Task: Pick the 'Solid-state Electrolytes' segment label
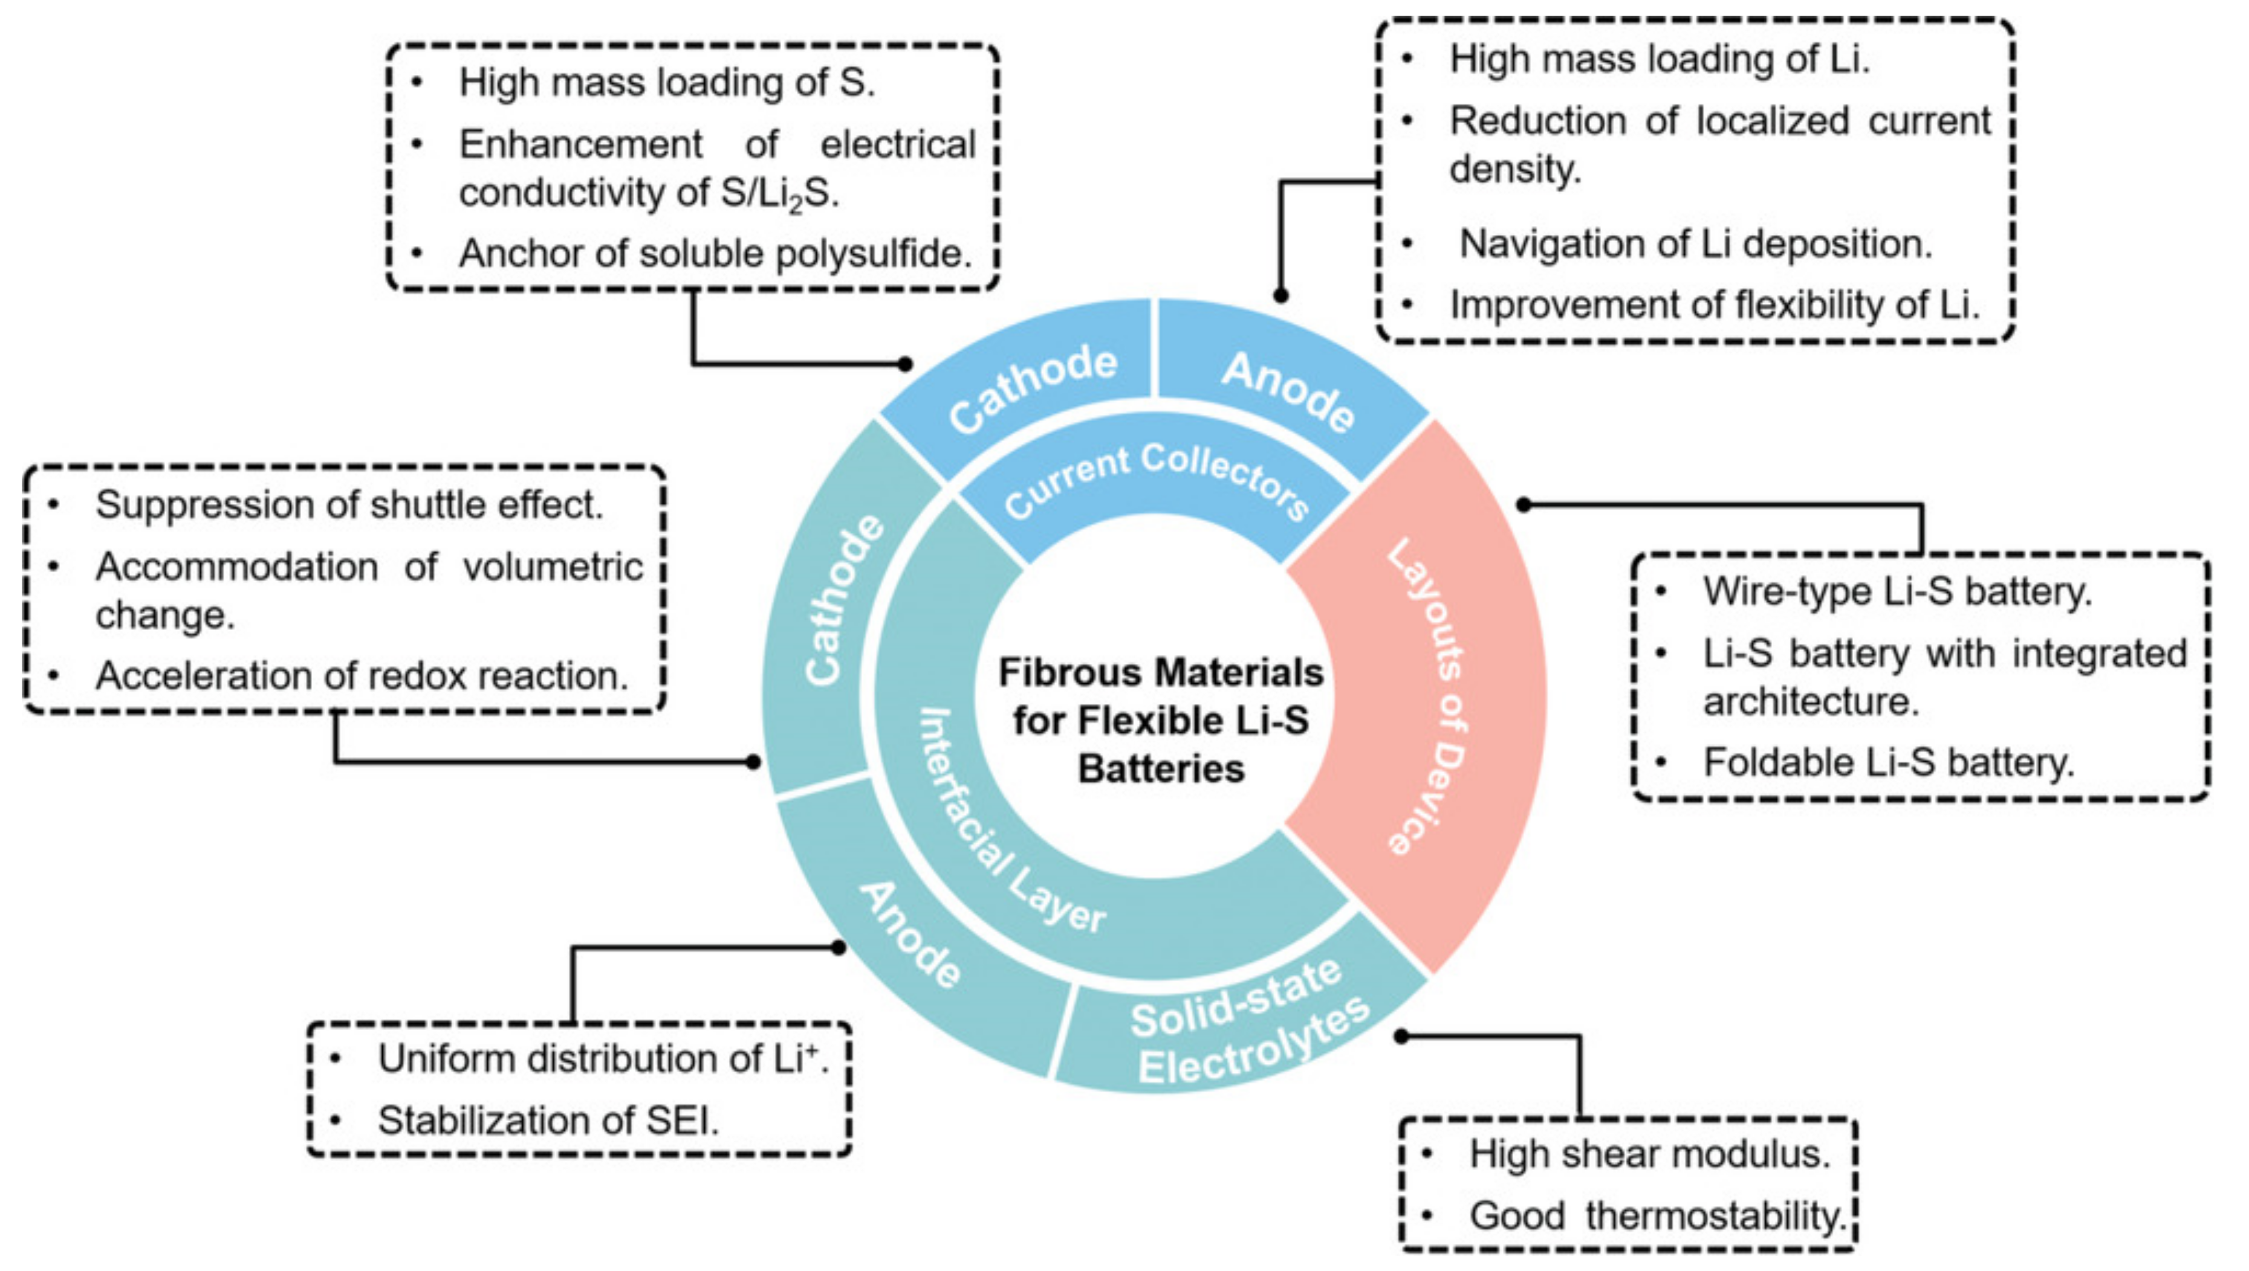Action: pyautogui.click(x=1249, y=1030)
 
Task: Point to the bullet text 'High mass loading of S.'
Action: pyautogui.click(x=666, y=83)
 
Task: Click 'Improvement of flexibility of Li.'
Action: pyautogui.click(x=1713, y=304)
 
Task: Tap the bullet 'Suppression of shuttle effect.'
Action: pyautogui.click(x=349, y=504)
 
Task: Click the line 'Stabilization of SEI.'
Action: pyautogui.click(x=548, y=1120)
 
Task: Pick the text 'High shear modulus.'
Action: pyautogui.click(x=1649, y=1154)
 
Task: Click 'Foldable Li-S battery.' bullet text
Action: pyautogui.click(x=1887, y=763)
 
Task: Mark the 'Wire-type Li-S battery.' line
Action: pyautogui.click(x=1897, y=592)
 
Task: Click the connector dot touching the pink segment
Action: pyautogui.click(x=1523, y=504)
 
